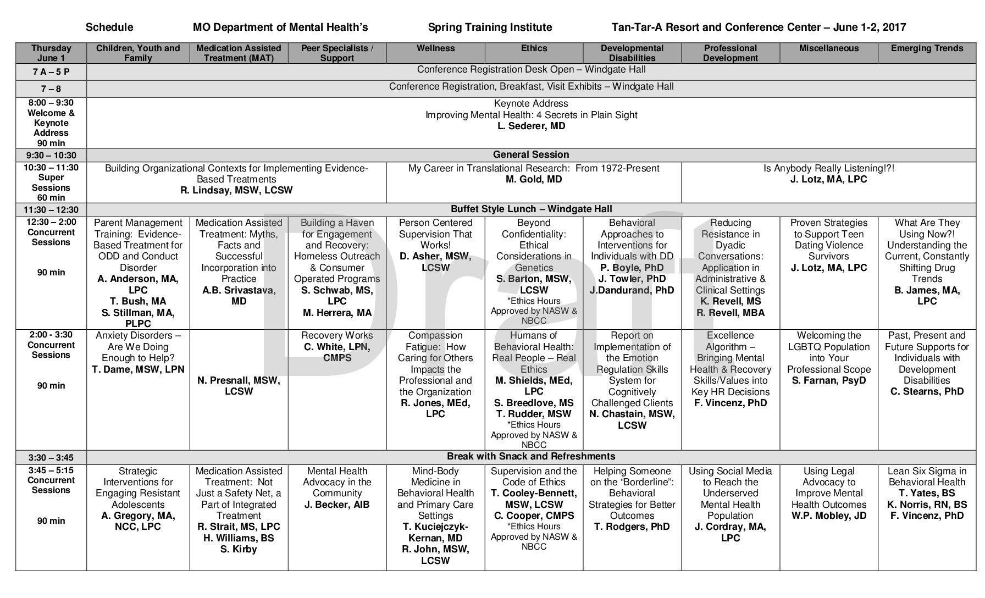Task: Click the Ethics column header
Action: point(534,48)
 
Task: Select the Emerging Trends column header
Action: point(927,48)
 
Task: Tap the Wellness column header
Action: point(435,48)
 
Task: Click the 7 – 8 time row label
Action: point(51,89)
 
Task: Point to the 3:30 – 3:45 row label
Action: point(51,458)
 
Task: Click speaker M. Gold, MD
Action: point(533,179)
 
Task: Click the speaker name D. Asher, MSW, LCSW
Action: point(435,262)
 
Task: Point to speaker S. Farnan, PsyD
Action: point(828,380)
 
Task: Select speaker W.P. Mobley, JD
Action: point(828,516)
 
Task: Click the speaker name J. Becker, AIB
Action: point(337,505)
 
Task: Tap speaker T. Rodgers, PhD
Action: point(632,527)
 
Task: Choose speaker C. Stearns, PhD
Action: point(927,391)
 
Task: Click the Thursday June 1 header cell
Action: point(51,53)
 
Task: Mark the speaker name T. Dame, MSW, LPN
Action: point(138,369)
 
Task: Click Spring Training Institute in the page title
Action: point(490,27)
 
